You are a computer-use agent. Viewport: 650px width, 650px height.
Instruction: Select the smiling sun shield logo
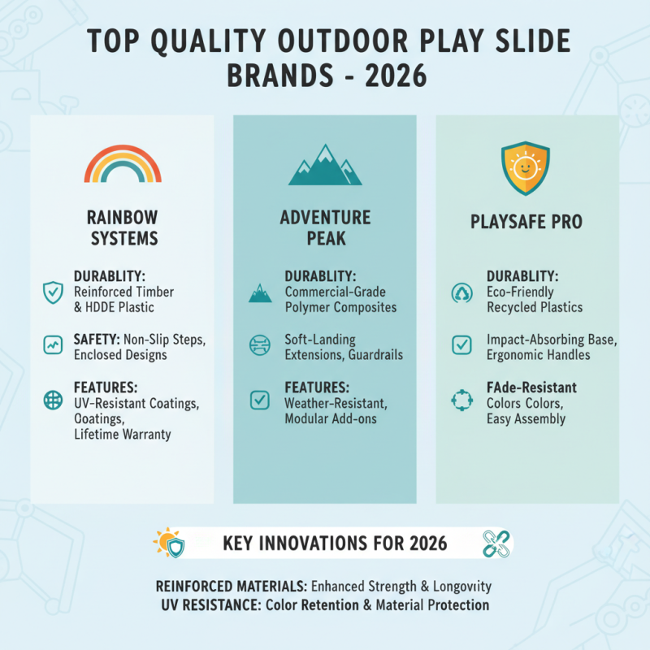point(526,168)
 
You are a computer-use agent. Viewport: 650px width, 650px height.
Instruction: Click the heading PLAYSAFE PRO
point(526,221)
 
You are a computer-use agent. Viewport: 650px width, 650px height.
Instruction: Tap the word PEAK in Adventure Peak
point(325,238)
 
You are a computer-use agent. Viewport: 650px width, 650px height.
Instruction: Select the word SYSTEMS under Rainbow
point(123,238)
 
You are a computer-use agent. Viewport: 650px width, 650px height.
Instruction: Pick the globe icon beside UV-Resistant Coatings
point(52,400)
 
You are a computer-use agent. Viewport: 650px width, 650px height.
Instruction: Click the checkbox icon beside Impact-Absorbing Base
point(461,345)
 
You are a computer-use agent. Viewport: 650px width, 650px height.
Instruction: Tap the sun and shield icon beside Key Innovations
point(169,542)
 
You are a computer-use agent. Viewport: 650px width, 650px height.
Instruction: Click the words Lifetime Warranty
point(123,435)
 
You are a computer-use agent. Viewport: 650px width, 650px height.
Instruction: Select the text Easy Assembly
point(526,418)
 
